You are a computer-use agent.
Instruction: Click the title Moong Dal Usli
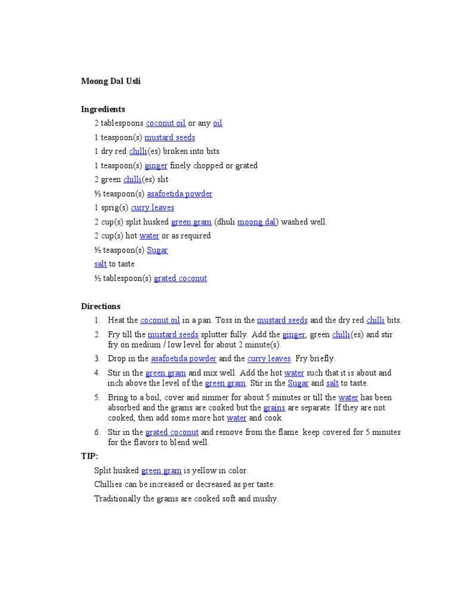click(x=111, y=81)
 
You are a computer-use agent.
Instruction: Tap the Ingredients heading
click(x=103, y=109)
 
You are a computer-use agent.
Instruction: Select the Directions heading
click(x=101, y=306)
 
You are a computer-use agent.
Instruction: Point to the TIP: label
click(x=90, y=456)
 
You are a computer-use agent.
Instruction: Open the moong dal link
click(x=256, y=222)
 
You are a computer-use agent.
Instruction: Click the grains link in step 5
click(x=274, y=408)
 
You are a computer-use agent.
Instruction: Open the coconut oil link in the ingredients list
click(x=166, y=124)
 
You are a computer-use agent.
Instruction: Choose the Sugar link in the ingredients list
click(x=157, y=250)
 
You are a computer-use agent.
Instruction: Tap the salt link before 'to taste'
click(x=100, y=264)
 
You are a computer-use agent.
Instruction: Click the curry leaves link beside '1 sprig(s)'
click(x=153, y=208)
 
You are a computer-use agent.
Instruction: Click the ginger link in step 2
click(x=293, y=335)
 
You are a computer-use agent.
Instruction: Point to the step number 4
click(x=97, y=373)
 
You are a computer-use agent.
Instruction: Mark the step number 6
click(x=97, y=432)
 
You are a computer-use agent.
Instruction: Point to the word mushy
click(x=265, y=498)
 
